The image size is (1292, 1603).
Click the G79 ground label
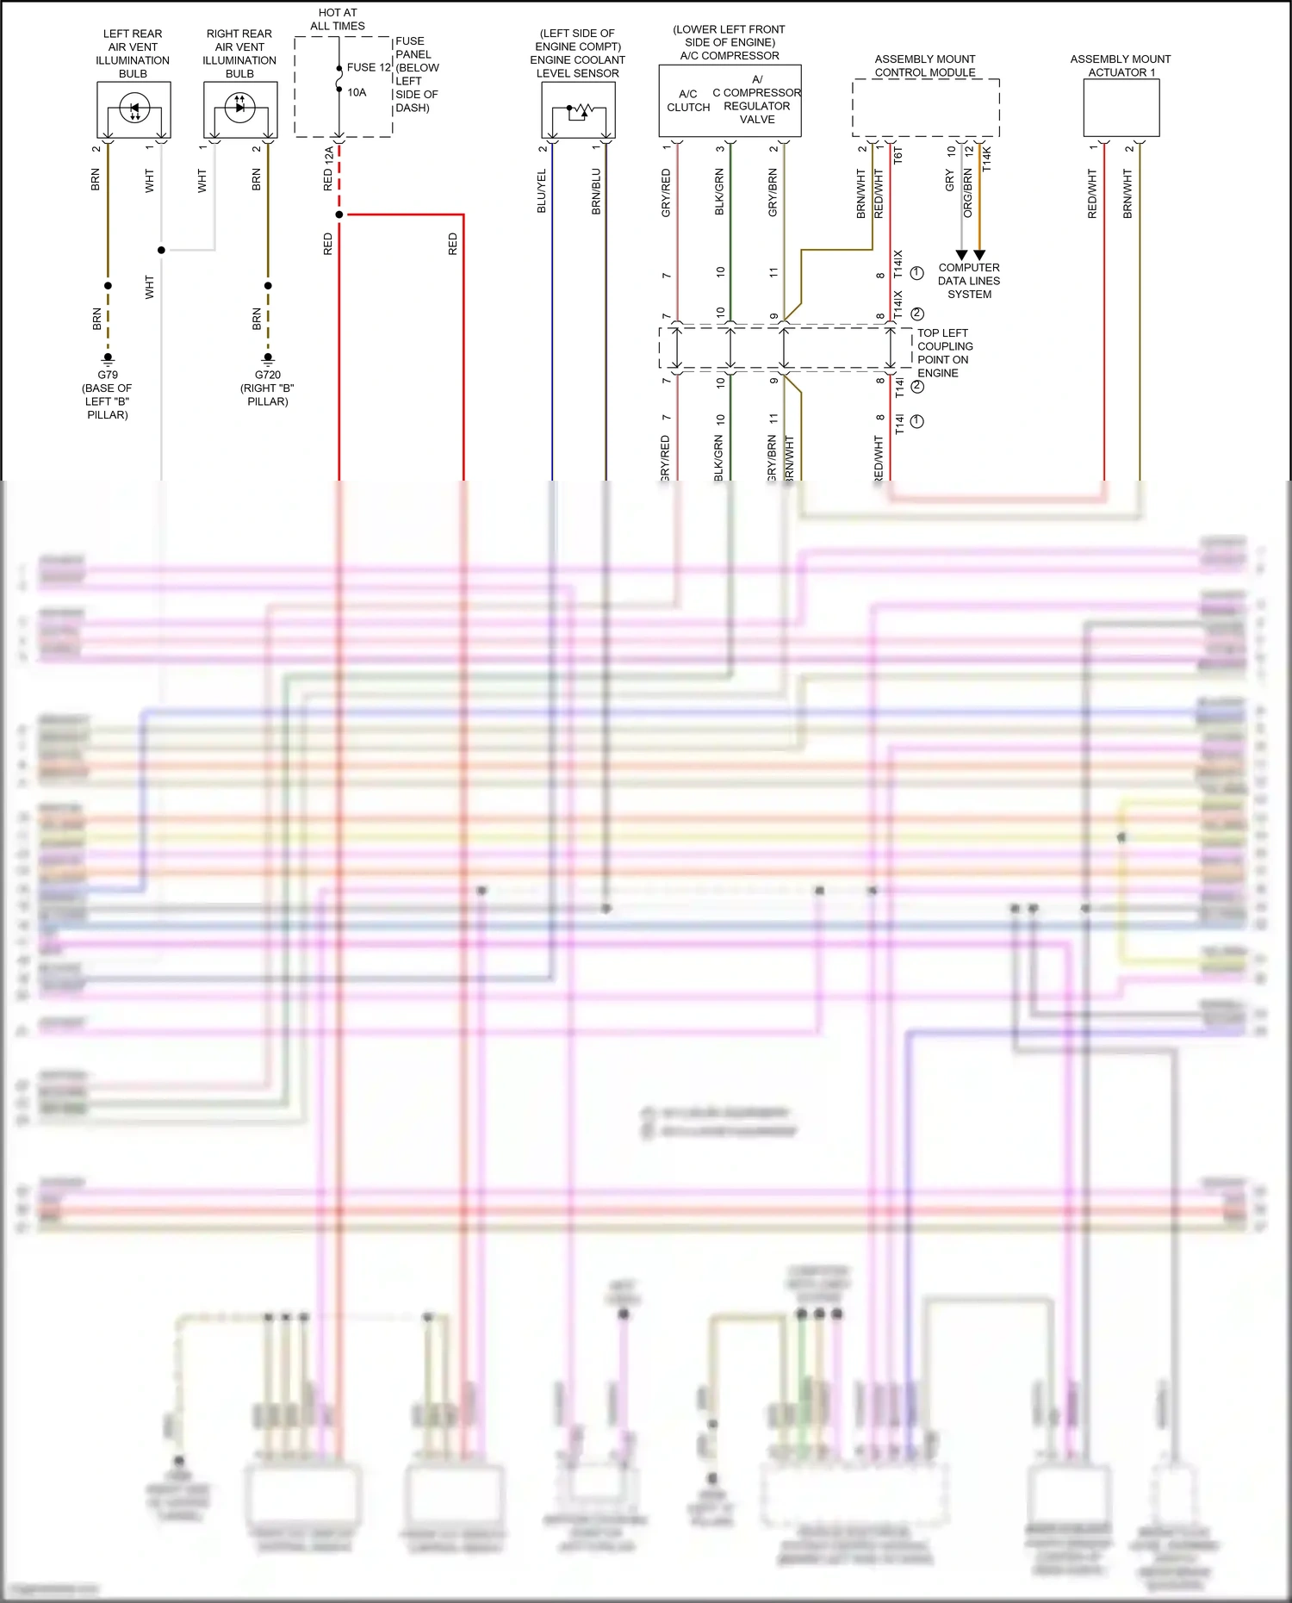tap(108, 375)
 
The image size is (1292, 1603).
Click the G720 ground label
tap(267, 375)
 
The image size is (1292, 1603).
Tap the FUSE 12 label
tap(369, 67)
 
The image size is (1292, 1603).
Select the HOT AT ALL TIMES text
tap(338, 19)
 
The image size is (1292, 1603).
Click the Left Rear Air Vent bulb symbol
tap(134, 109)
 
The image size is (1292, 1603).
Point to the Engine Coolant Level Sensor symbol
tap(578, 110)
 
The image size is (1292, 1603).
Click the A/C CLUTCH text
tap(688, 101)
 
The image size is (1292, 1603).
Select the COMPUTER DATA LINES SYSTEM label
tap(969, 281)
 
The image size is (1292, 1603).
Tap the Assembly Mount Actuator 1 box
tap(1121, 108)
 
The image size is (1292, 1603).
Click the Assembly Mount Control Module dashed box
tap(925, 108)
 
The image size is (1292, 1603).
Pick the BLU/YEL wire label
tap(542, 191)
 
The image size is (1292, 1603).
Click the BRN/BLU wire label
tap(596, 191)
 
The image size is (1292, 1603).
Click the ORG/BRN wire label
tap(968, 192)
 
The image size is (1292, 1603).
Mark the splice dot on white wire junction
tap(161, 250)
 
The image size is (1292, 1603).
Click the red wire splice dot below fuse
tap(339, 214)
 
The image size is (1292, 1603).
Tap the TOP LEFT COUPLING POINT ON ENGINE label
tap(944, 352)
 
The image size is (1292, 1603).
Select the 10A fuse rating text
tap(357, 92)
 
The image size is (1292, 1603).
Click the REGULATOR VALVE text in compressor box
tap(756, 113)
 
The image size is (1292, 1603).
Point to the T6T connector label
tap(898, 156)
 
